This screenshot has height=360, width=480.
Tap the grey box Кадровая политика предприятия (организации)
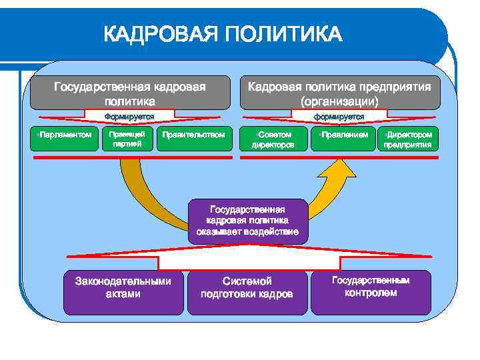[x=339, y=94]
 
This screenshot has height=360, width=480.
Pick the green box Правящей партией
[x=127, y=139]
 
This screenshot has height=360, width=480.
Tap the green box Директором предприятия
[x=409, y=139]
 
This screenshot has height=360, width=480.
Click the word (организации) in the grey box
[x=339, y=101]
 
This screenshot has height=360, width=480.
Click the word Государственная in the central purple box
[x=248, y=209]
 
